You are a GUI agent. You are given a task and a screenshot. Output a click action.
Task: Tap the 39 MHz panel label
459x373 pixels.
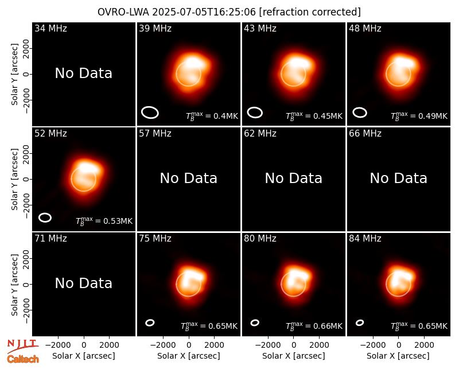155,28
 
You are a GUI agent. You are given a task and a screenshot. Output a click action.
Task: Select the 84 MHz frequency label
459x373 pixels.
365,239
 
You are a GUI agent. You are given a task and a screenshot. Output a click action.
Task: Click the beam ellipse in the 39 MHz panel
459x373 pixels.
150,112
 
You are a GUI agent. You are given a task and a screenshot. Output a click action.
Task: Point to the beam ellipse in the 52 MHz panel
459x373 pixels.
45,217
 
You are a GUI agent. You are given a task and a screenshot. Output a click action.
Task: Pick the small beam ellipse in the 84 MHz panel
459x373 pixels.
360,323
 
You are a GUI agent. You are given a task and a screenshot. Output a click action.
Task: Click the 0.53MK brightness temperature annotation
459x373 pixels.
104,221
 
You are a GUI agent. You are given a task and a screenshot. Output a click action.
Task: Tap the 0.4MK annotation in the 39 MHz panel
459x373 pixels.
212,116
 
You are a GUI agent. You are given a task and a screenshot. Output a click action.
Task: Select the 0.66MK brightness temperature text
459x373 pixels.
314,326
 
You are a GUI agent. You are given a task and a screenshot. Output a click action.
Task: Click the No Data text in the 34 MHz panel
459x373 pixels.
83,73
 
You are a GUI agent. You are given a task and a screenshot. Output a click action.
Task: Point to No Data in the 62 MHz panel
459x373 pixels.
294,178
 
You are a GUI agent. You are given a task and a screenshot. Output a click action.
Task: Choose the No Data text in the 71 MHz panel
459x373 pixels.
83,283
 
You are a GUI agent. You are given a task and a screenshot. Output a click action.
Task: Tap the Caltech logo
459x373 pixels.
23,359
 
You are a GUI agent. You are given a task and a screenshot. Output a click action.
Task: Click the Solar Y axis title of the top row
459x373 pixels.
14,75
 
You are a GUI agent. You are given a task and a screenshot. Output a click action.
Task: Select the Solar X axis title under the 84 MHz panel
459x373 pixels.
398,356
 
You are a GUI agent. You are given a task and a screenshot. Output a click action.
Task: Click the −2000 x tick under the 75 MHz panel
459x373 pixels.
162,345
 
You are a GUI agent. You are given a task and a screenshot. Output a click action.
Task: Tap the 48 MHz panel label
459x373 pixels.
365,28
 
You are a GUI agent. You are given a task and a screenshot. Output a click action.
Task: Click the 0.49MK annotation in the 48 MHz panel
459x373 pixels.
419,116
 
